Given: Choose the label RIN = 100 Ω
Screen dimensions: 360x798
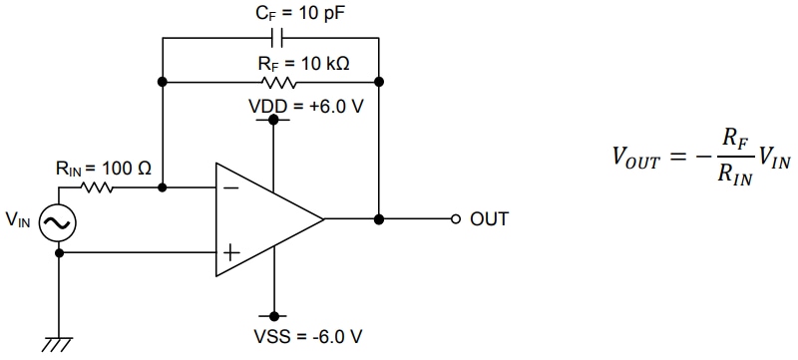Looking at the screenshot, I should tap(103, 169).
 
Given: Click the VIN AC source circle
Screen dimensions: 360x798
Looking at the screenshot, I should tap(58, 222).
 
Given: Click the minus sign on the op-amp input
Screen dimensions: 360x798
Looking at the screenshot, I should tap(229, 186).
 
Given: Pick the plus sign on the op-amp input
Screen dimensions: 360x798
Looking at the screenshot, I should tap(229, 252).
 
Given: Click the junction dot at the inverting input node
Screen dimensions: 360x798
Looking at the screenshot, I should tap(162, 186).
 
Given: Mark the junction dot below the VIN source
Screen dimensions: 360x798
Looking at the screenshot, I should tap(58, 252).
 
